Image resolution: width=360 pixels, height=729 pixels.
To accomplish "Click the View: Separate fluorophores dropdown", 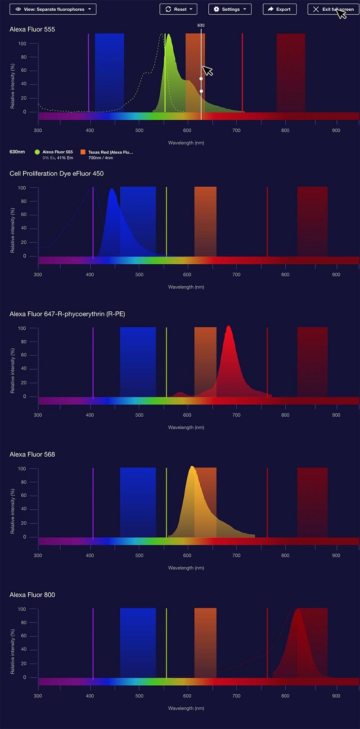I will pyautogui.click(x=53, y=9).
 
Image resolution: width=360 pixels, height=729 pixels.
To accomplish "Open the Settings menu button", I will pyautogui.click(x=229, y=9).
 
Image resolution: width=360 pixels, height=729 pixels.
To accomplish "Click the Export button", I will pyautogui.click(x=279, y=9).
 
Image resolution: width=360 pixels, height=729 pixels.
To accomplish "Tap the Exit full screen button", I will pyautogui.click(x=333, y=9).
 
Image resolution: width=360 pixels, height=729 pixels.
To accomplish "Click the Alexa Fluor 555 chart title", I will pyautogui.click(x=32, y=29).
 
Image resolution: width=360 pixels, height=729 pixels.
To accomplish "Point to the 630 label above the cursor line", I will pyautogui.click(x=201, y=25).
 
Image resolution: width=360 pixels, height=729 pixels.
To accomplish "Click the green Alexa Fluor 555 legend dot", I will pyautogui.click(x=37, y=152).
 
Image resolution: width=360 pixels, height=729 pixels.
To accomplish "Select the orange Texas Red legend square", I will pyautogui.click(x=83, y=152).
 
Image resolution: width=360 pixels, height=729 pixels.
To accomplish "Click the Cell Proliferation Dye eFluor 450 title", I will pyautogui.click(x=57, y=173).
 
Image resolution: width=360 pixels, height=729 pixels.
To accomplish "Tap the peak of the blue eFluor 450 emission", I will pyautogui.click(x=112, y=189).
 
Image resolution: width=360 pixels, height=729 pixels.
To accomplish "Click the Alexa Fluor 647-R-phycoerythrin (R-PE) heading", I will pyautogui.click(x=67, y=314).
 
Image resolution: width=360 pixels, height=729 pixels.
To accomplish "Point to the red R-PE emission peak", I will pyautogui.click(x=229, y=327).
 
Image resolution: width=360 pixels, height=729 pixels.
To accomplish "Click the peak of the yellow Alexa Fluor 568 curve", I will pyautogui.click(x=192, y=467).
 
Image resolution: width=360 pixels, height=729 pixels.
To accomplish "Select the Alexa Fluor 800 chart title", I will pyautogui.click(x=32, y=594).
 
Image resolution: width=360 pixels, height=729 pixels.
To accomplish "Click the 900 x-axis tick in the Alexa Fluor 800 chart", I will pyautogui.click(x=336, y=696).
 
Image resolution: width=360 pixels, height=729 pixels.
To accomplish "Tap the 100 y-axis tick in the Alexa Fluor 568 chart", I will pyautogui.click(x=22, y=468).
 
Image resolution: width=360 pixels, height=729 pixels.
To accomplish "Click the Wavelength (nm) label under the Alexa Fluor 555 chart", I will pyautogui.click(x=186, y=143).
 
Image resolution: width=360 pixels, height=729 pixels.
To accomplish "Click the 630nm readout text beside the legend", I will pyautogui.click(x=17, y=152).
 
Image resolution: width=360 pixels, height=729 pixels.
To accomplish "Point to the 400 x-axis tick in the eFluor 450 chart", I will pyautogui.click(x=90, y=274).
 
